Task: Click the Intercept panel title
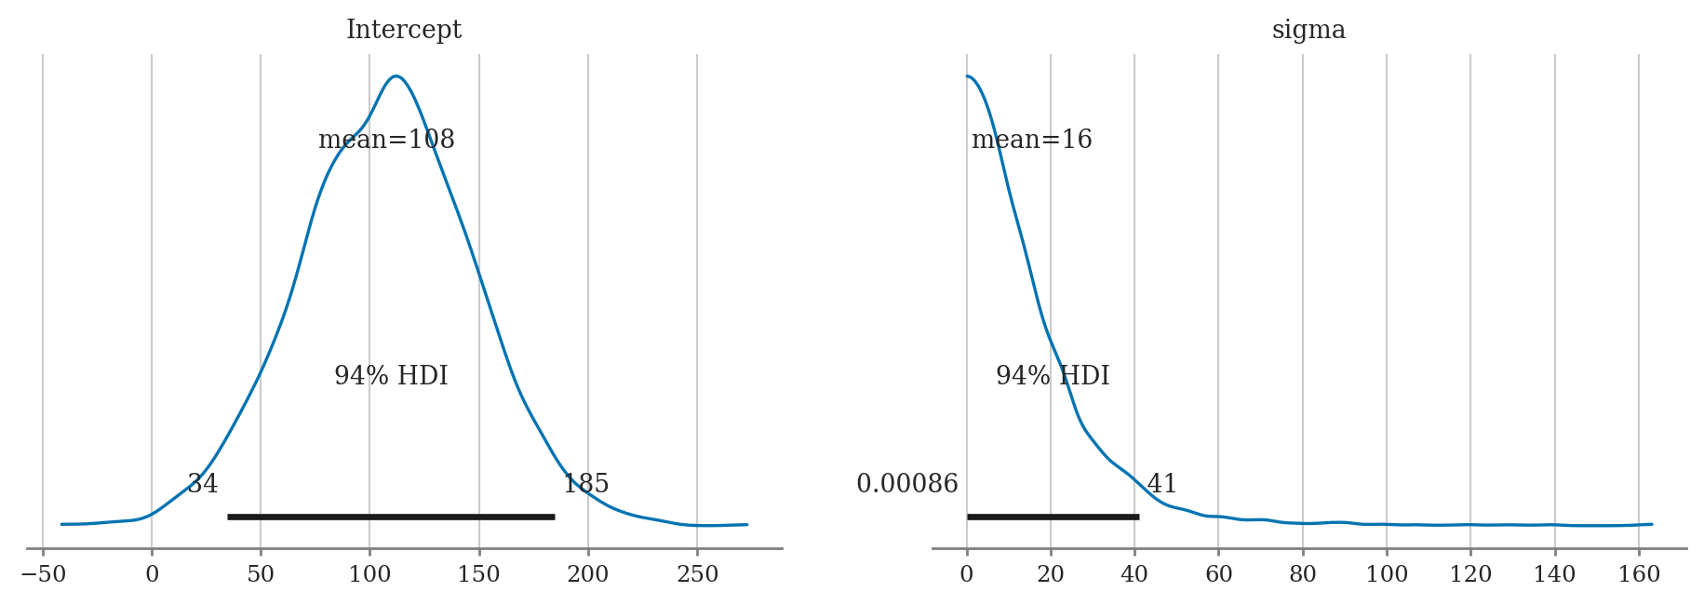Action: (x=403, y=30)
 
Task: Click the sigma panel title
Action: (x=1308, y=30)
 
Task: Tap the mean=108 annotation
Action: (x=386, y=140)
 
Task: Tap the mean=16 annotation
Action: (x=1031, y=140)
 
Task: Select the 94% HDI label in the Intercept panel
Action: (x=391, y=376)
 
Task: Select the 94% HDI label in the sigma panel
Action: (x=1053, y=376)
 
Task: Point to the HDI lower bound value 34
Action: (x=203, y=484)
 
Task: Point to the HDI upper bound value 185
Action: (x=586, y=484)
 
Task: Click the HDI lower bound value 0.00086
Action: (x=906, y=484)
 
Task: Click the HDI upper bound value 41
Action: (x=1162, y=484)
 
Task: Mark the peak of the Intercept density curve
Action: (x=396, y=76)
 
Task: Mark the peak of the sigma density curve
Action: (x=968, y=76)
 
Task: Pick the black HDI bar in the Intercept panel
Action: (x=391, y=517)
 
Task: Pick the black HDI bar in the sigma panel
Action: (x=1053, y=517)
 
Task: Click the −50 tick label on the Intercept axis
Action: (x=43, y=574)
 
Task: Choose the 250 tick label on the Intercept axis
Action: (x=697, y=574)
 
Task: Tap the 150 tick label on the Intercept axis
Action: (x=478, y=574)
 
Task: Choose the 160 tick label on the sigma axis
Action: (x=1639, y=574)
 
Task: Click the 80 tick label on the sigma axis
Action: (x=1302, y=574)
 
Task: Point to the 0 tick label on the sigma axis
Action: (x=967, y=574)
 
